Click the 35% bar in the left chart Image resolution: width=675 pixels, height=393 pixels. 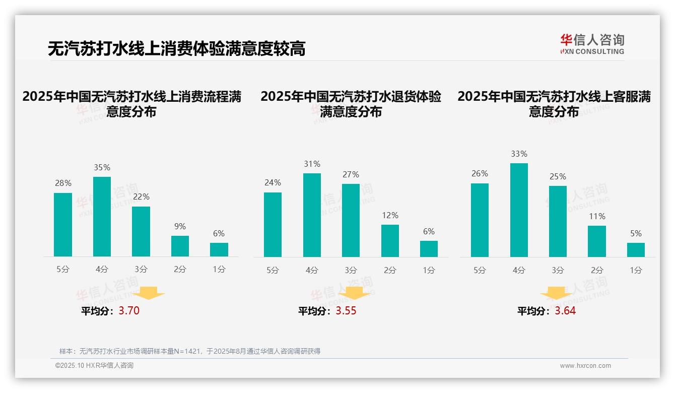point(102,217)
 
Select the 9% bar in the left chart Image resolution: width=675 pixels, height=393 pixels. point(180,246)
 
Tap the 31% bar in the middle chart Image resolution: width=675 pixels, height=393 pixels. point(312,215)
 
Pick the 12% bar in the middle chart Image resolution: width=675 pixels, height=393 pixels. point(390,241)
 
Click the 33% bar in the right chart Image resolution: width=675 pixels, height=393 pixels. point(519,210)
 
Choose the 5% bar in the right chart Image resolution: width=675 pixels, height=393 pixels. point(636,250)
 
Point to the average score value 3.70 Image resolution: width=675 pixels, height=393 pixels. point(129,311)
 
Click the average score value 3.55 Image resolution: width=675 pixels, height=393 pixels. point(346,311)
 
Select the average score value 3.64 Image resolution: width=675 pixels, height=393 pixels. point(565,311)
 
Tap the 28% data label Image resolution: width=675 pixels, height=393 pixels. point(63,183)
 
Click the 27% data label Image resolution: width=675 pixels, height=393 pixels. point(351,175)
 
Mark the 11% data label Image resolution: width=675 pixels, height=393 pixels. point(597,217)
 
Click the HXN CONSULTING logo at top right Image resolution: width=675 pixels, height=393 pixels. point(592,44)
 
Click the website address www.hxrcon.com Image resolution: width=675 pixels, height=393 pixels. point(585,366)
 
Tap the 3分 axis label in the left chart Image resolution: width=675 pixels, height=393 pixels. point(141,270)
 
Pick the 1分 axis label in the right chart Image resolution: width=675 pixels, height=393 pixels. point(636,271)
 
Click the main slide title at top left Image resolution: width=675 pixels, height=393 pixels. point(176,49)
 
